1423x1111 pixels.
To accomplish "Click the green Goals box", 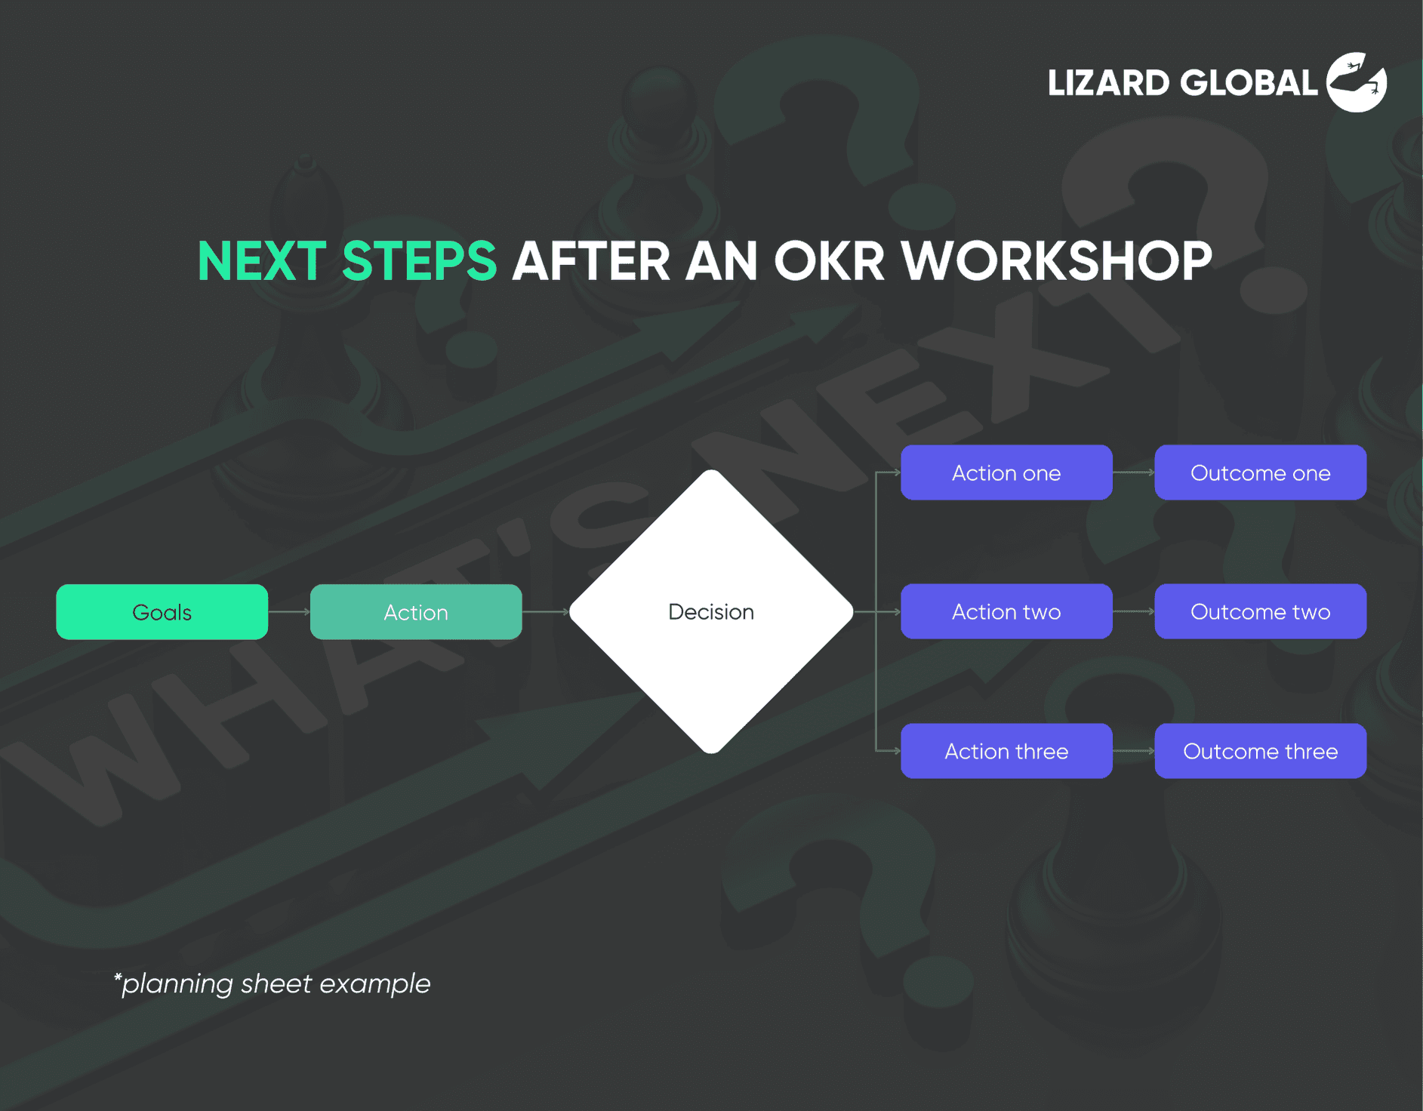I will (162, 612).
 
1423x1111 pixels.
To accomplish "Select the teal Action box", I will (415, 612).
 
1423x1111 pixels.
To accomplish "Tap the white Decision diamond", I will (710, 612).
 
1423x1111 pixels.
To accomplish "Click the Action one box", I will (1006, 473).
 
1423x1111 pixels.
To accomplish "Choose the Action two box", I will (1006, 612).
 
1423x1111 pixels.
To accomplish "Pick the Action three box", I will (1006, 751).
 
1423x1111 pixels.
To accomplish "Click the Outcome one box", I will (1260, 473).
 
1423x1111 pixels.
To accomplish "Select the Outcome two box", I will (1260, 612).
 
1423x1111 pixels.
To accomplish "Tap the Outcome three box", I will (1260, 751).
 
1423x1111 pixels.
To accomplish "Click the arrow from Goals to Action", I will (289, 612).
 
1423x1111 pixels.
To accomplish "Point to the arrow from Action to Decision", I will (545, 612).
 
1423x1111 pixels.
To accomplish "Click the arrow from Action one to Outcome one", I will (1133, 473).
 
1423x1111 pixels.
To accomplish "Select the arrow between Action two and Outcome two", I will (1133, 612).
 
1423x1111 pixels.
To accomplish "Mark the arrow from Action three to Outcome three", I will (1133, 751).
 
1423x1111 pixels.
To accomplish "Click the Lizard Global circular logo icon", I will (1357, 82).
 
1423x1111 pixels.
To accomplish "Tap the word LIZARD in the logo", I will (1108, 83).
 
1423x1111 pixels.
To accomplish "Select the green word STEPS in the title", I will (419, 262).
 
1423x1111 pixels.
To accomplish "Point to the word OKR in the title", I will (828, 262).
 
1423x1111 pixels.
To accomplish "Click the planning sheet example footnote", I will (272, 984).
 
